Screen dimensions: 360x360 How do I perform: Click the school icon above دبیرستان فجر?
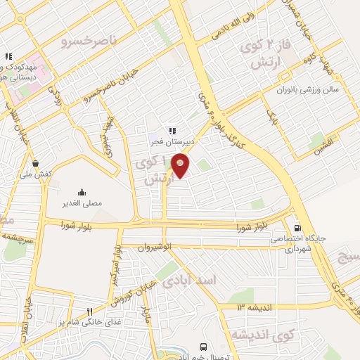tap(171, 131)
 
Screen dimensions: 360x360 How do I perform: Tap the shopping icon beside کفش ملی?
tap(35, 163)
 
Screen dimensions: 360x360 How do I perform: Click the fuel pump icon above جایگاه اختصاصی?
tap(297, 228)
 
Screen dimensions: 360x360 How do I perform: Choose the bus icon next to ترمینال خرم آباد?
tap(204, 347)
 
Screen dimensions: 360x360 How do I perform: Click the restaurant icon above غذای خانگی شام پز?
tap(89, 312)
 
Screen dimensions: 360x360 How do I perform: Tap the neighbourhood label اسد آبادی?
tap(190, 280)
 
